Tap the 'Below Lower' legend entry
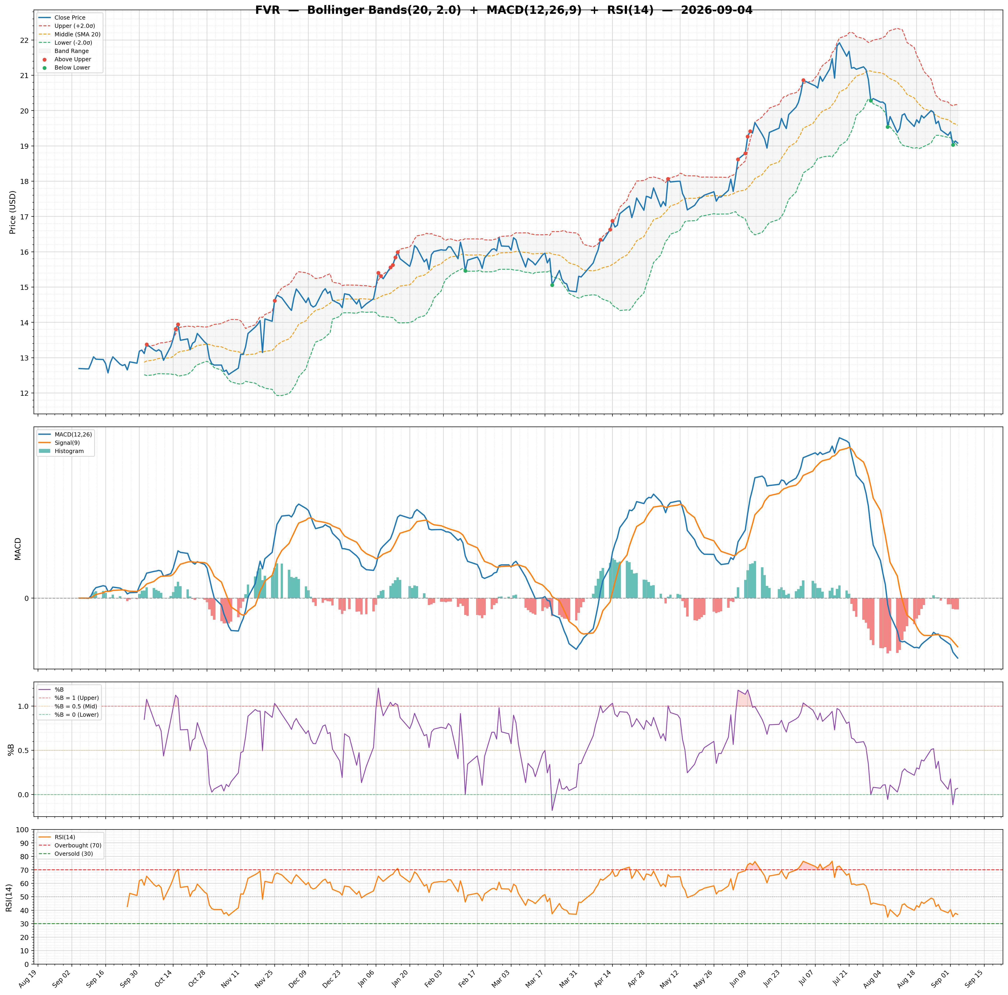[72, 68]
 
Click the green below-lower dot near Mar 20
[552, 285]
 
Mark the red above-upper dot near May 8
[668, 179]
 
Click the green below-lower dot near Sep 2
[953, 145]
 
